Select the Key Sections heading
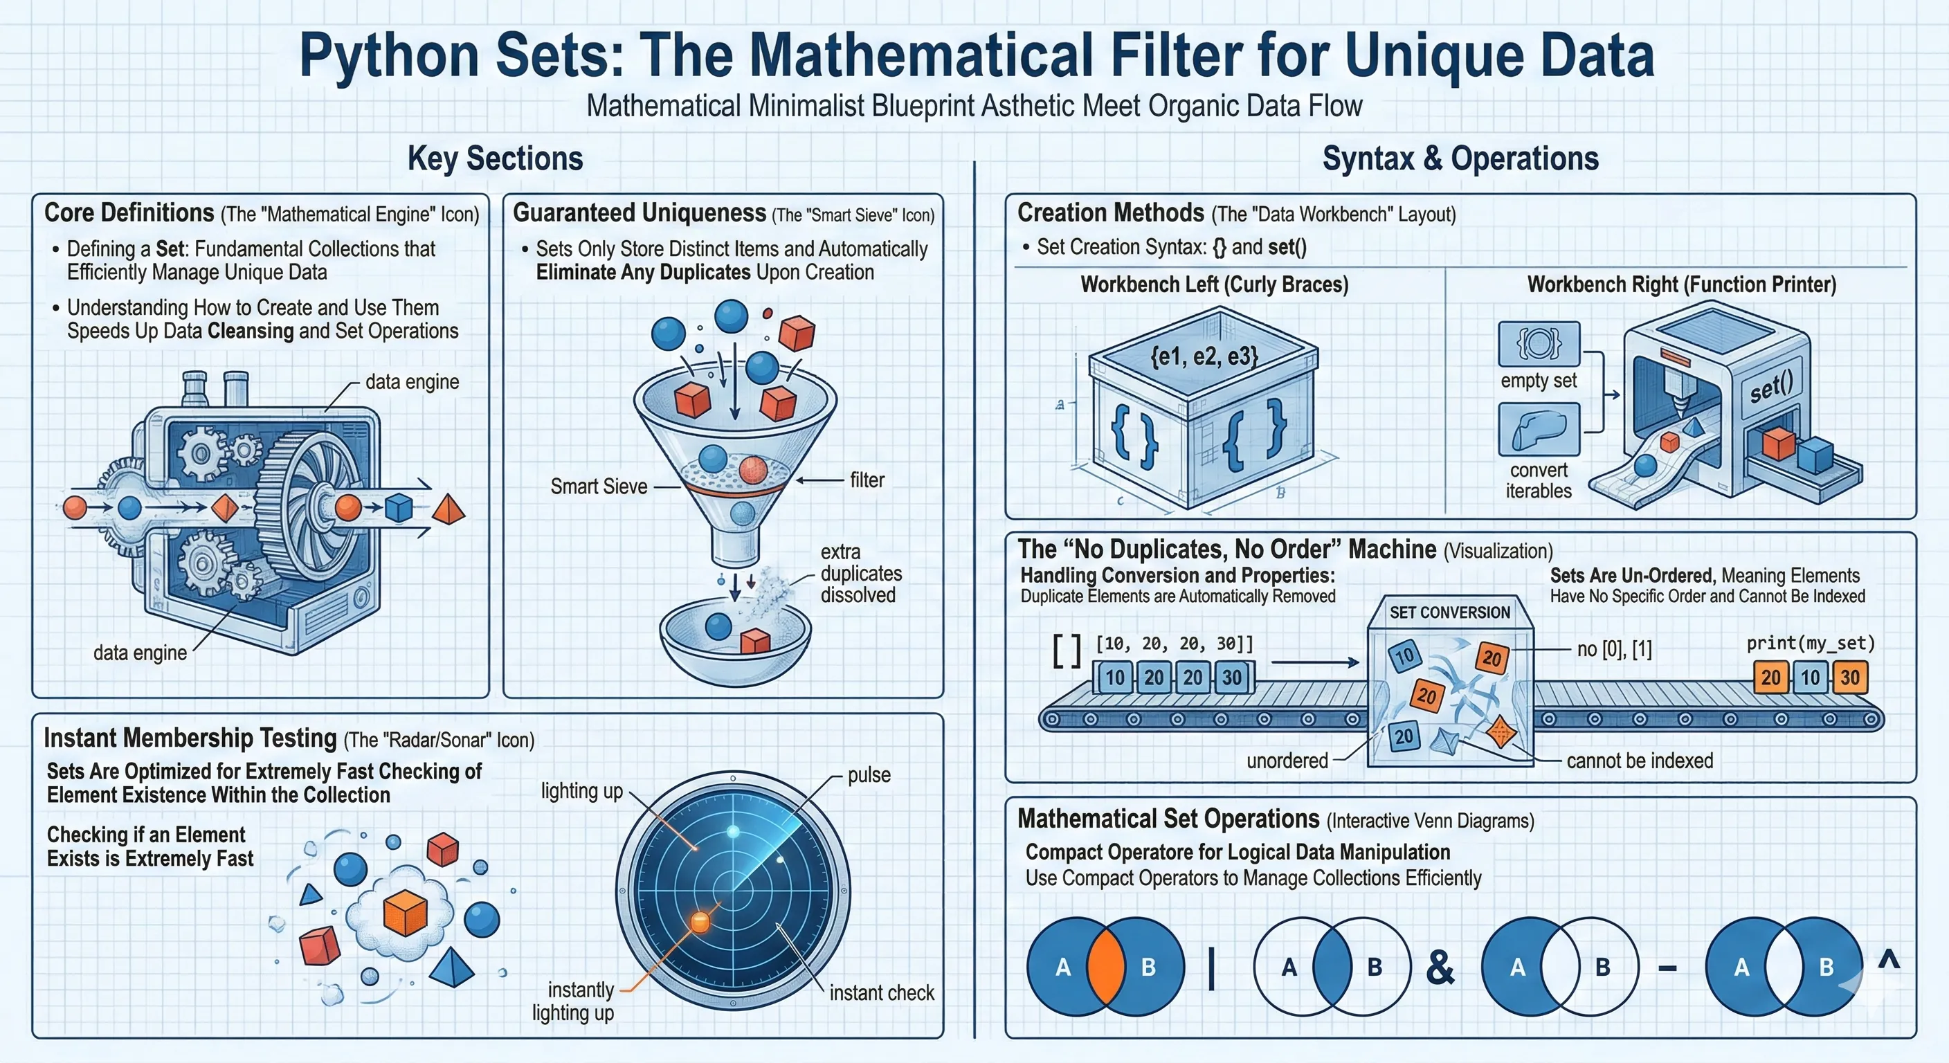click(496, 159)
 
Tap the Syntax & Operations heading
click(1460, 159)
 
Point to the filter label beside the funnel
click(867, 480)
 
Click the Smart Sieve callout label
click(599, 487)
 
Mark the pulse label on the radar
click(869, 774)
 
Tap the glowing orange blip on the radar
click(700, 922)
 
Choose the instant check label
click(882, 992)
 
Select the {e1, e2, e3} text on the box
click(1204, 356)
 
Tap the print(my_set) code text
click(1811, 643)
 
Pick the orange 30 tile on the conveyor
click(1850, 677)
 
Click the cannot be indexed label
click(1640, 761)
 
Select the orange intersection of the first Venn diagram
click(1105, 966)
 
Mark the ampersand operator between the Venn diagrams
click(1440, 967)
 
